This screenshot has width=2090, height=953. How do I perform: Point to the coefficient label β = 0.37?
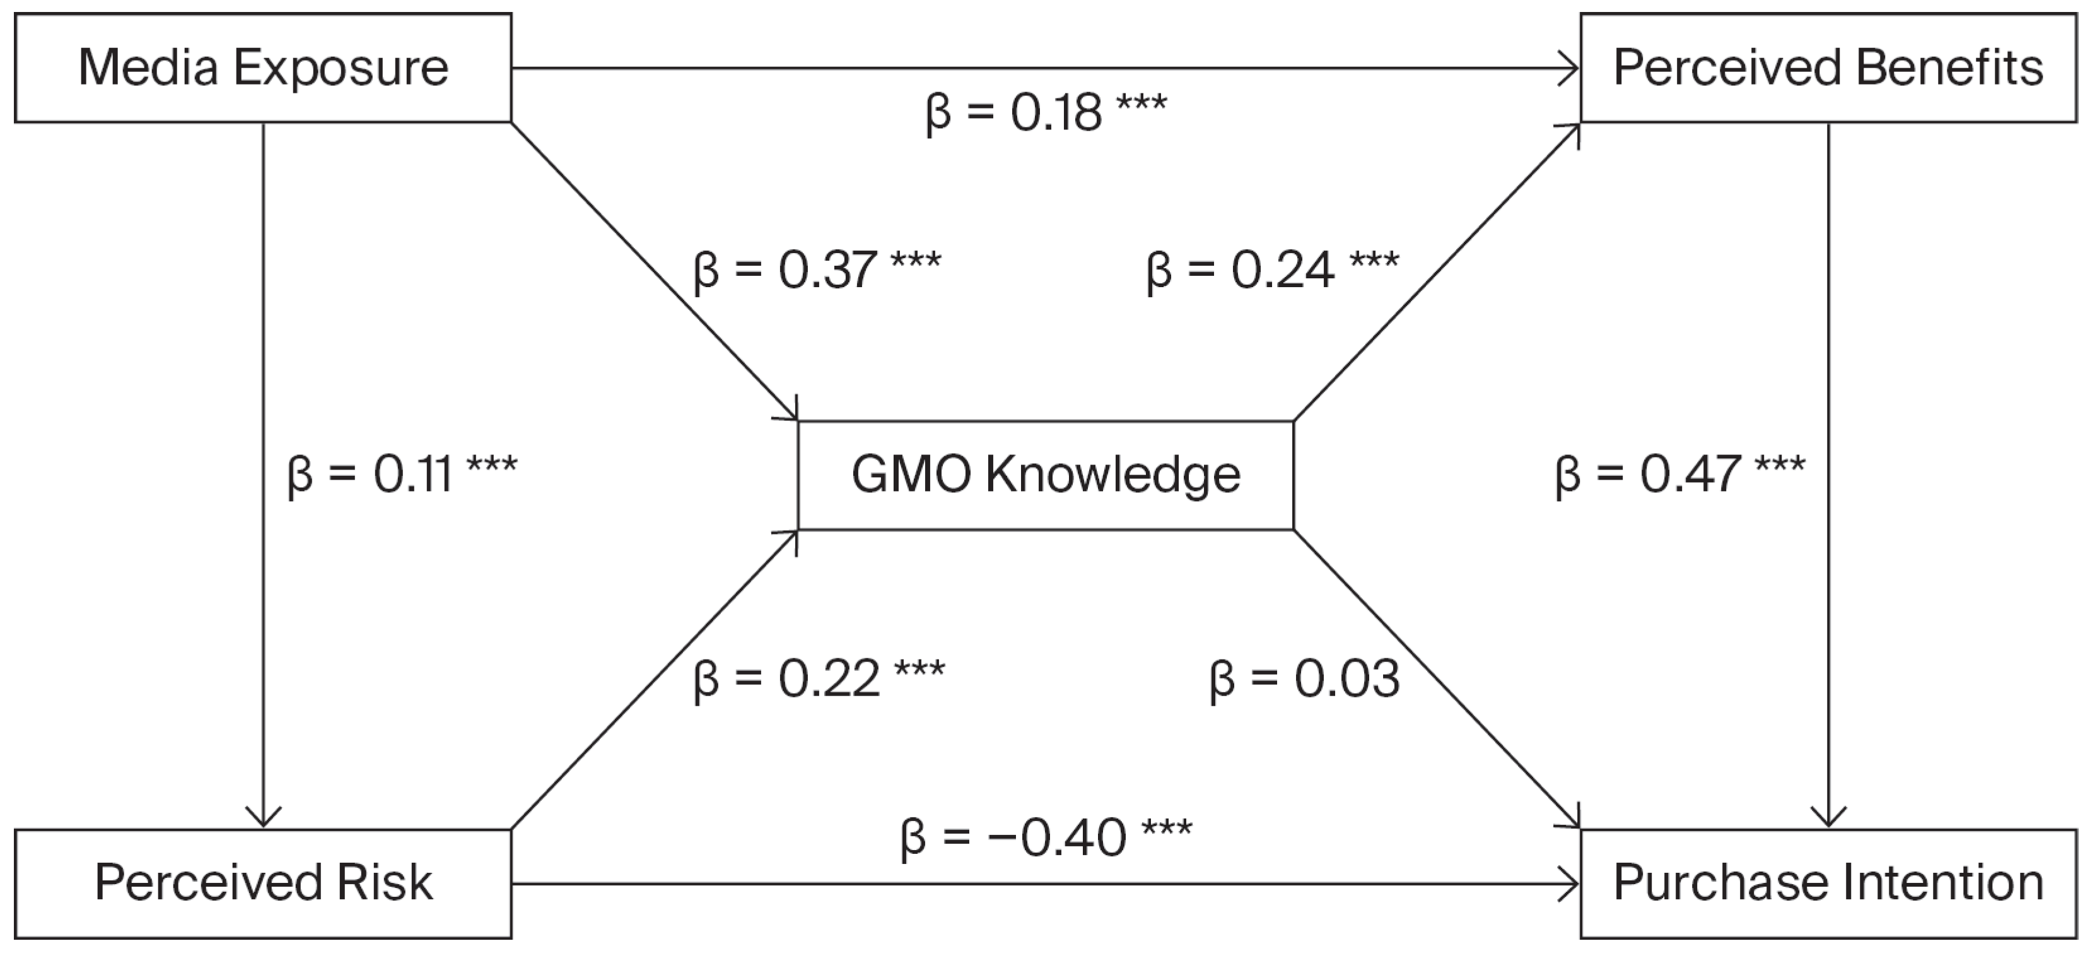(817, 269)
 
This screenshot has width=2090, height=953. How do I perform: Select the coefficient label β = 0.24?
(1272, 269)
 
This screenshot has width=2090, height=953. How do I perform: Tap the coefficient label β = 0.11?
(402, 474)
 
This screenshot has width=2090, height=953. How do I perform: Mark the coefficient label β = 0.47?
(1680, 474)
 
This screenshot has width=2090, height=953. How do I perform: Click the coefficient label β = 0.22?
(819, 678)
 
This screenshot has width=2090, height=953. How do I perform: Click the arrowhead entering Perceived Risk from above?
(263, 817)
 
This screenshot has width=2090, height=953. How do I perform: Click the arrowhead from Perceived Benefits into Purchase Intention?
(1828, 817)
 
